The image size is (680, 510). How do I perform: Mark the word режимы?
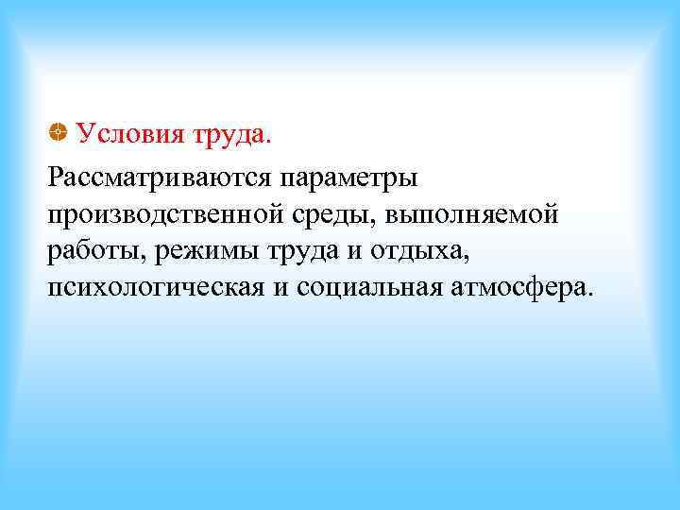[200, 252]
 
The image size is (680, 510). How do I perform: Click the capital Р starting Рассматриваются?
[55, 176]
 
